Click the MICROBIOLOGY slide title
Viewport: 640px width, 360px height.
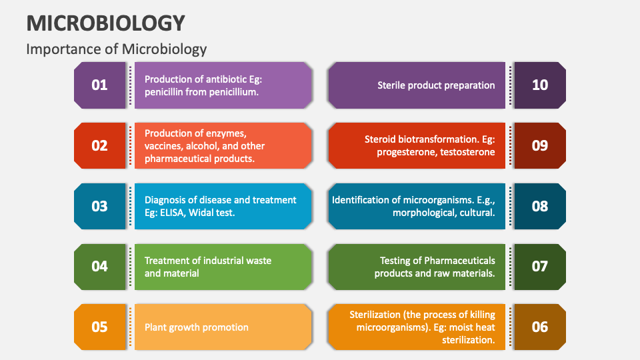pos(106,23)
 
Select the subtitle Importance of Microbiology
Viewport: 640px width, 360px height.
pos(117,49)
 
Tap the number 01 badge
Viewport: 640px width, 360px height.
pos(99,85)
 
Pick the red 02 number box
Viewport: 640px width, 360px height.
pos(99,145)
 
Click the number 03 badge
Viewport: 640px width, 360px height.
pos(99,206)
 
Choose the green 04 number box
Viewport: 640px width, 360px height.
pos(99,267)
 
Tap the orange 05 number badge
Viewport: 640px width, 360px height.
pos(99,327)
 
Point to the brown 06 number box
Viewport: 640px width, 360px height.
pos(540,327)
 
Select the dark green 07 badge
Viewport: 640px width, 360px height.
pos(540,267)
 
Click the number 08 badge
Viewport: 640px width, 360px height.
pos(540,206)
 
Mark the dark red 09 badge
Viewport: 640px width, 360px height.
pos(540,145)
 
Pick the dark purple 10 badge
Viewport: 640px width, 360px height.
pos(540,85)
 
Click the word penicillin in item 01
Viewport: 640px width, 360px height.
pos(166,92)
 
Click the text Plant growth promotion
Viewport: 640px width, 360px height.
pos(196,327)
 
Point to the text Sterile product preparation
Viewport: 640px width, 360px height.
pos(436,85)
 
